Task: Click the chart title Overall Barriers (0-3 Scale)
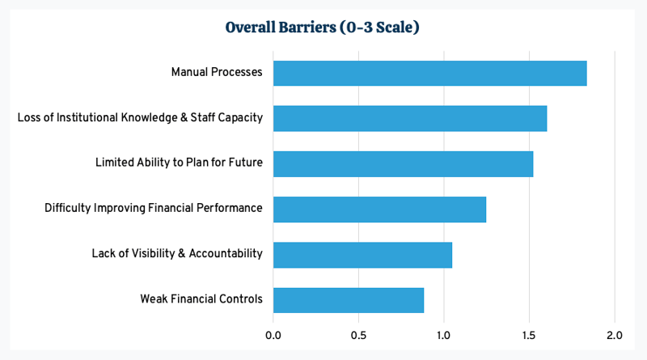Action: pyautogui.click(x=322, y=27)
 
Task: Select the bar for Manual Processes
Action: pyautogui.click(x=429, y=73)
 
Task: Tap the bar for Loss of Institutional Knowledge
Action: pyautogui.click(x=410, y=118)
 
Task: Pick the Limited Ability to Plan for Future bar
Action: pyautogui.click(x=403, y=163)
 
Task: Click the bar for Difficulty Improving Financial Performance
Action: pyautogui.click(x=379, y=209)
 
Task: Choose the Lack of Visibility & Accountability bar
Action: pyautogui.click(x=362, y=254)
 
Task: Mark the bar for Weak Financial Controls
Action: pyautogui.click(x=349, y=299)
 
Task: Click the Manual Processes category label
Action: pyautogui.click(x=217, y=73)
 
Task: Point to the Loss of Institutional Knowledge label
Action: pyautogui.click(x=140, y=118)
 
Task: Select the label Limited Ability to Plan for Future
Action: pyautogui.click(x=179, y=163)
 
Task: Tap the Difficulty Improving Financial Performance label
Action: pyautogui.click(x=154, y=209)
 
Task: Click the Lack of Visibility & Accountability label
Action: pyautogui.click(x=177, y=254)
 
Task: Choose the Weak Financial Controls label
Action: pyautogui.click(x=201, y=299)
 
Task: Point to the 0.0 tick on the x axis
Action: pyautogui.click(x=273, y=334)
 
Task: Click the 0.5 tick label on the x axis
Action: pyautogui.click(x=358, y=334)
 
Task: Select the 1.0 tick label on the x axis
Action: pyautogui.click(x=444, y=334)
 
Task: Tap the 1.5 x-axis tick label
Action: pyautogui.click(x=529, y=334)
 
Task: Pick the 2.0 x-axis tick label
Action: pyautogui.click(x=615, y=334)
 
